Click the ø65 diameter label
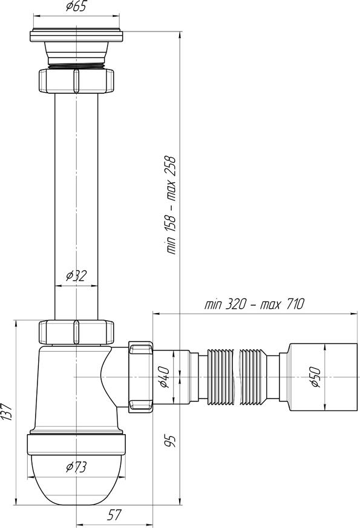(76, 7)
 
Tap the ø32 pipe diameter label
(76, 276)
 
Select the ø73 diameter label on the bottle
(76, 467)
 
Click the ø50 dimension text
(315, 377)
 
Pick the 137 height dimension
(7, 412)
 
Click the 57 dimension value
(114, 515)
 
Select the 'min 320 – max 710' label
(254, 304)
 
